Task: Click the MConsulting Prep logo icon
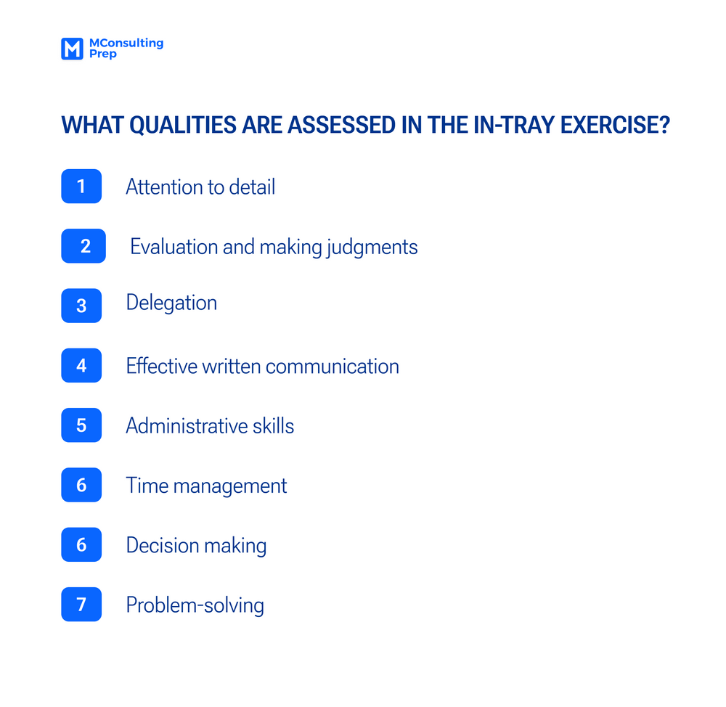point(72,49)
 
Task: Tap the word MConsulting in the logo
point(126,43)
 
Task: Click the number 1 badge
point(81,187)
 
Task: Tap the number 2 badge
point(84,246)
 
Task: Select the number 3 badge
point(81,306)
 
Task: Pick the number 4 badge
point(81,365)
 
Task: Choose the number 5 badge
point(81,425)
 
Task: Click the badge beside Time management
point(81,485)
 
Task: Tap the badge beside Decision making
point(81,544)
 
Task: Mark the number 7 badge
point(81,604)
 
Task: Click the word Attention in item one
point(165,187)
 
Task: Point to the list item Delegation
point(171,302)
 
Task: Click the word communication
point(333,366)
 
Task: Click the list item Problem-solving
point(195,605)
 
